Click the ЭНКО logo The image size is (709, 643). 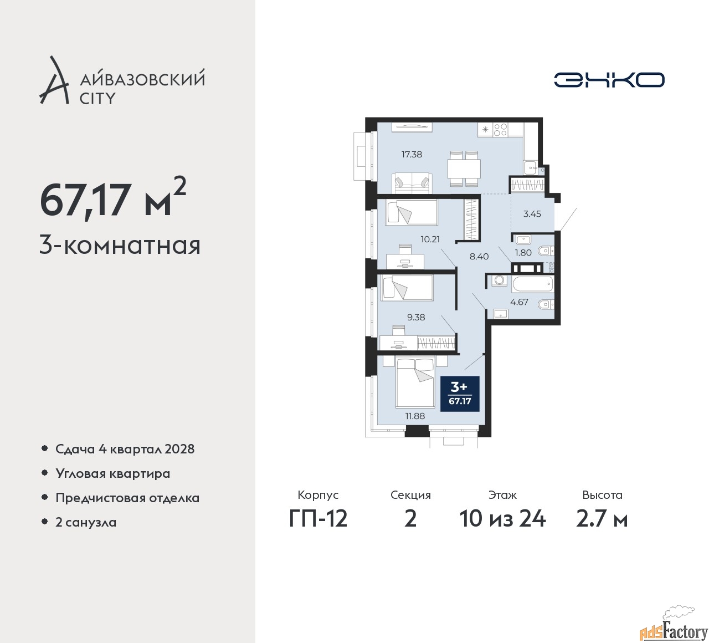[x=609, y=80]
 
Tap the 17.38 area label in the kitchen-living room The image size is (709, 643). [x=412, y=154]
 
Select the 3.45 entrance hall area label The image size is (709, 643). [x=532, y=213]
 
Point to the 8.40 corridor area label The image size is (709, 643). [x=479, y=257]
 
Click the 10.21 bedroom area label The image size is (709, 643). [x=430, y=239]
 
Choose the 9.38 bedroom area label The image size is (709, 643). [x=416, y=317]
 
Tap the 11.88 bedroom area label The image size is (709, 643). [x=415, y=416]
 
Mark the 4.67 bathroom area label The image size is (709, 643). [x=519, y=302]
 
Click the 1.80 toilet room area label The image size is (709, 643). [x=523, y=253]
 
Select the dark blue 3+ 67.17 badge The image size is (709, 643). [x=460, y=394]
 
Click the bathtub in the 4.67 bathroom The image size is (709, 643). [x=532, y=285]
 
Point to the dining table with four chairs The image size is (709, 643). [x=464, y=169]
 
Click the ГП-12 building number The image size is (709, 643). [x=318, y=519]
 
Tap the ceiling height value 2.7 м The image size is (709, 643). [x=602, y=519]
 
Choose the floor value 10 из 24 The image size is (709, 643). [x=502, y=519]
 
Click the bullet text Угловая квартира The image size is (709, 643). [x=113, y=473]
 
